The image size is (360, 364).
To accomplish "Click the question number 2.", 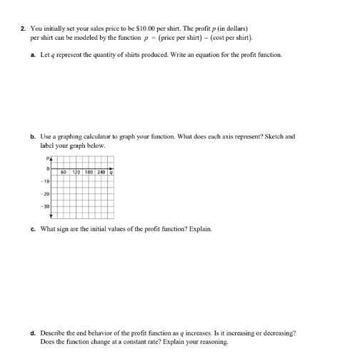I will pos(23,28).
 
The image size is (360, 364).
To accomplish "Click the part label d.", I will pos(33,333).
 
